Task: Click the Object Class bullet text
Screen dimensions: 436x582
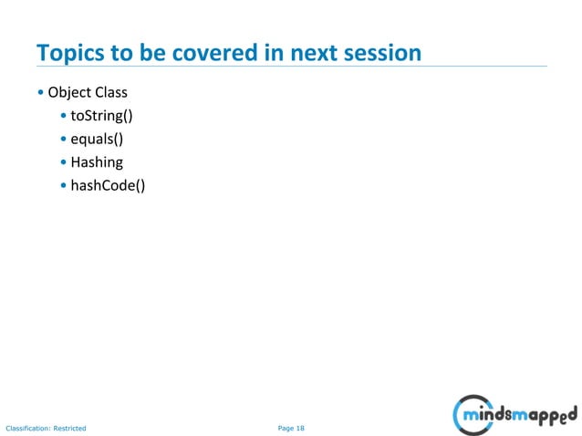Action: click(x=88, y=93)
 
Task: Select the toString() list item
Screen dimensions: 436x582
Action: click(x=102, y=116)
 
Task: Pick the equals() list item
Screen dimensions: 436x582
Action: click(x=97, y=139)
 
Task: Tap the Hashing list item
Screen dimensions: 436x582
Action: click(x=97, y=162)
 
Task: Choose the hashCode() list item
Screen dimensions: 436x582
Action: click(x=108, y=185)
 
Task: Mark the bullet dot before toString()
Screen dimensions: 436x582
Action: click(x=63, y=117)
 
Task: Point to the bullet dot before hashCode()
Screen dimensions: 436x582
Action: click(x=63, y=186)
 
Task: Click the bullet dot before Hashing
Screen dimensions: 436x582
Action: click(x=63, y=163)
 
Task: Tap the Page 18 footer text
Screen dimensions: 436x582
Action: click(x=291, y=427)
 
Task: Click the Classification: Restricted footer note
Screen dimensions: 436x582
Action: click(x=46, y=427)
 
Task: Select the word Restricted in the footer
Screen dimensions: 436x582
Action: click(x=69, y=427)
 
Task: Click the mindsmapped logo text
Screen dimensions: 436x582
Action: click(x=522, y=417)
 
